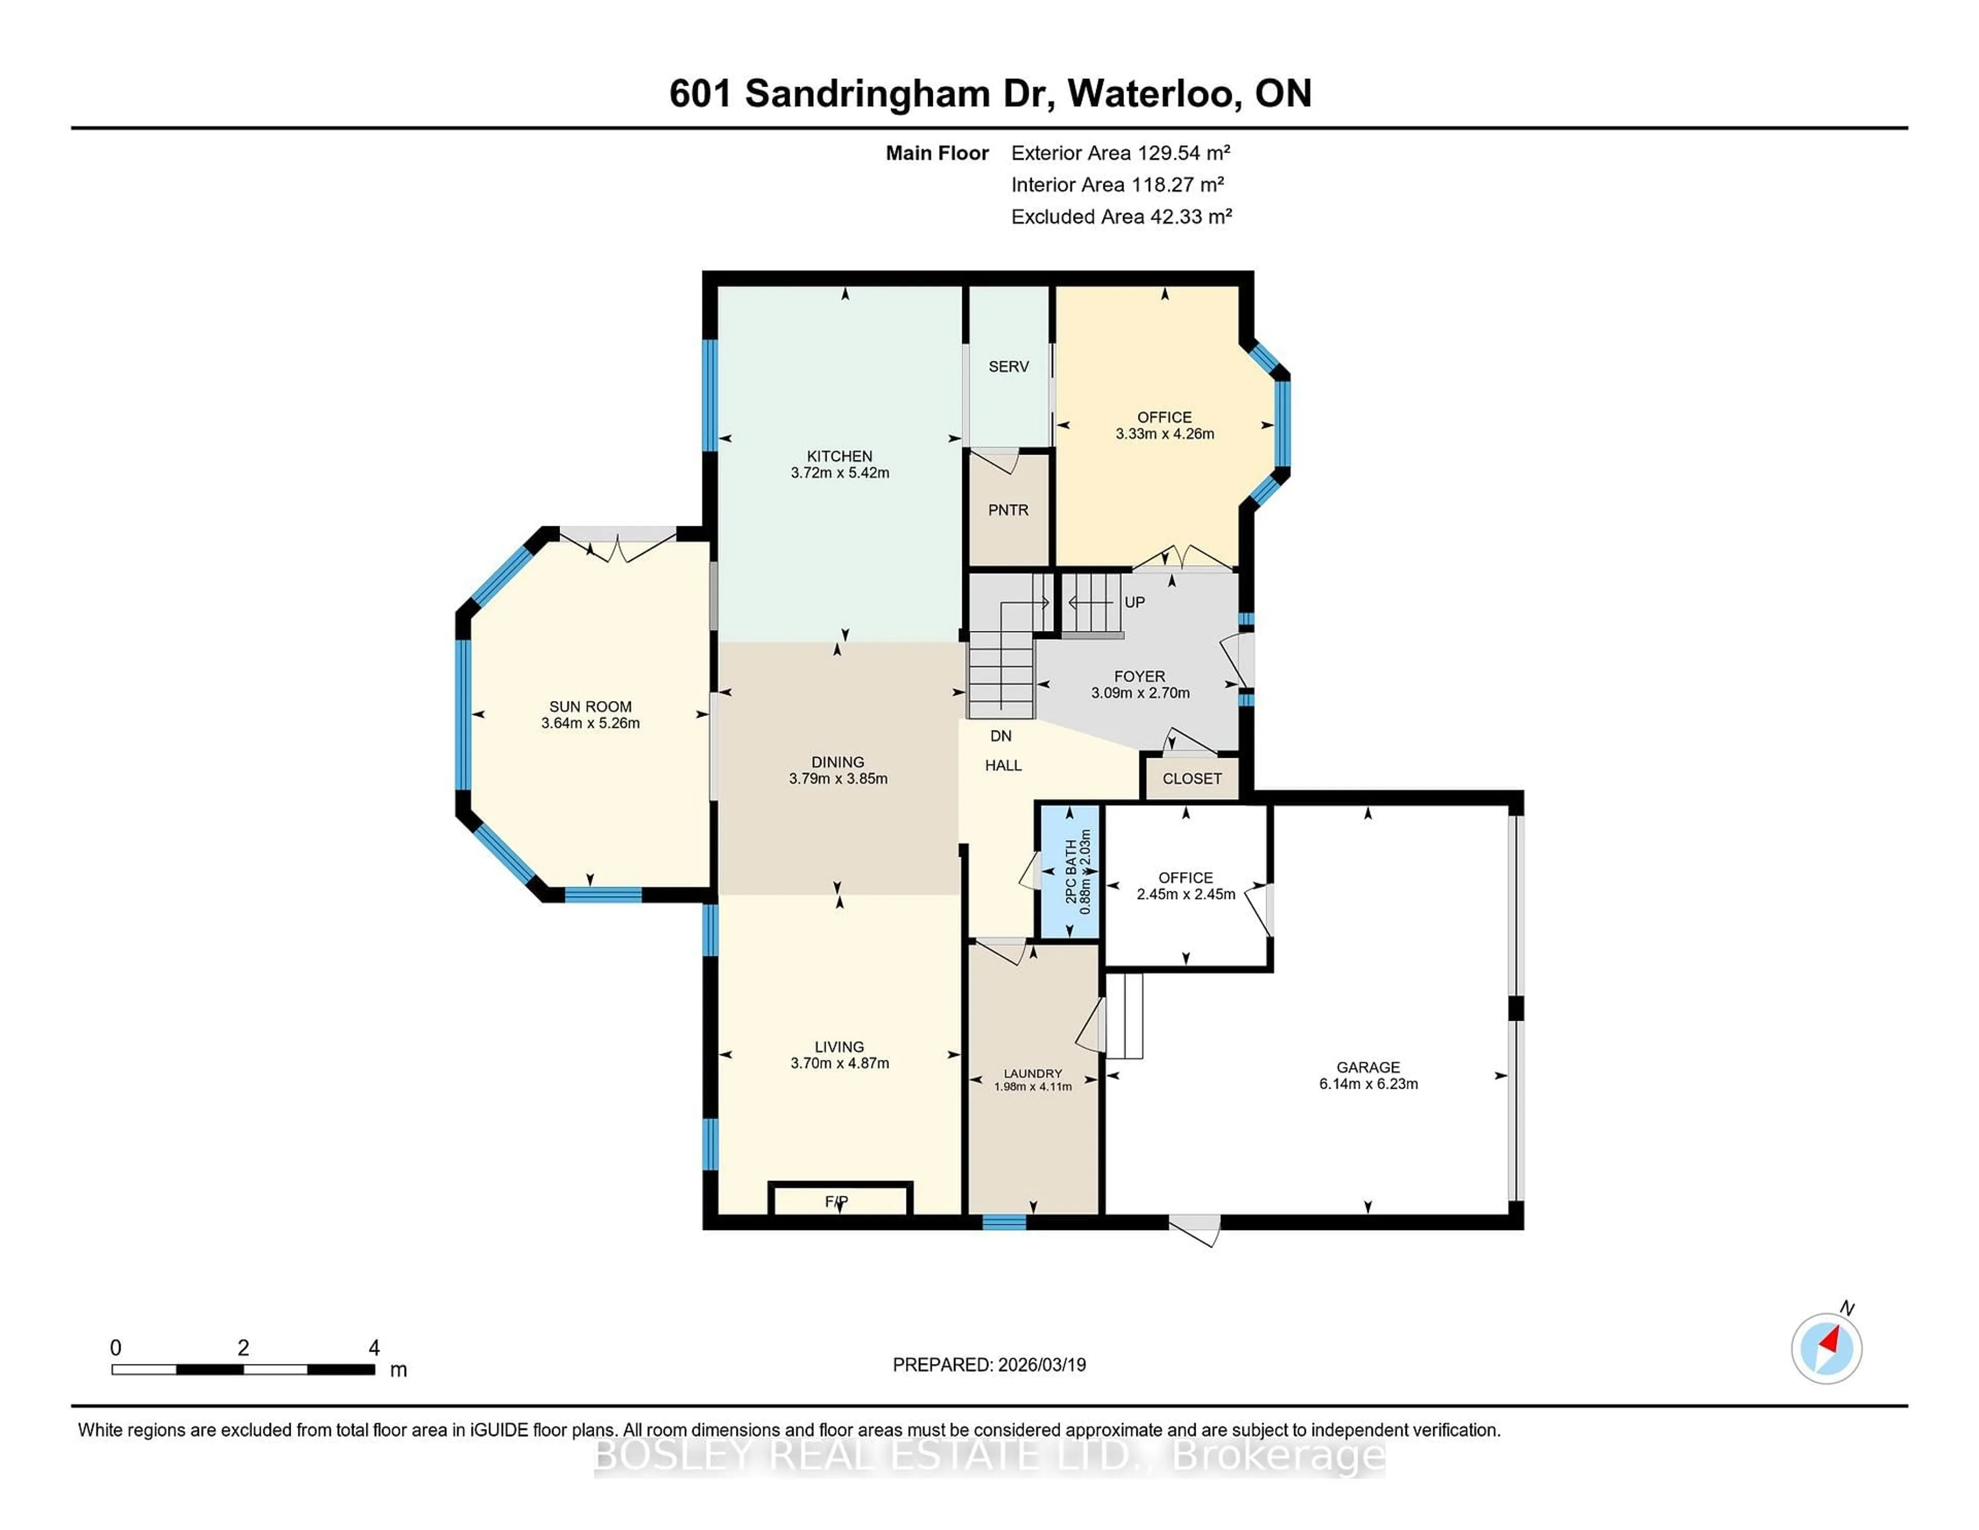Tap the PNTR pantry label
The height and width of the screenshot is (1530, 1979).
click(x=1008, y=510)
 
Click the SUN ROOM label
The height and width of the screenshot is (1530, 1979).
click(x=590, y=706)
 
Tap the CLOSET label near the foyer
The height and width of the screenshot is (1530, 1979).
click(x=1192, y=778)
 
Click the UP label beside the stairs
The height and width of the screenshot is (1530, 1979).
click(x=1134, y=602)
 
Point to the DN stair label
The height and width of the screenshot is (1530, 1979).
click(x=1000, y=736)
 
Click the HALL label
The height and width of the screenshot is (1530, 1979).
click(x=1003, y=765)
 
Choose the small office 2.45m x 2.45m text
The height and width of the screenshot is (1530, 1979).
click(x=1185, y=894)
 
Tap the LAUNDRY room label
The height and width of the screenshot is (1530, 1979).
click(x=1032, y=1073)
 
